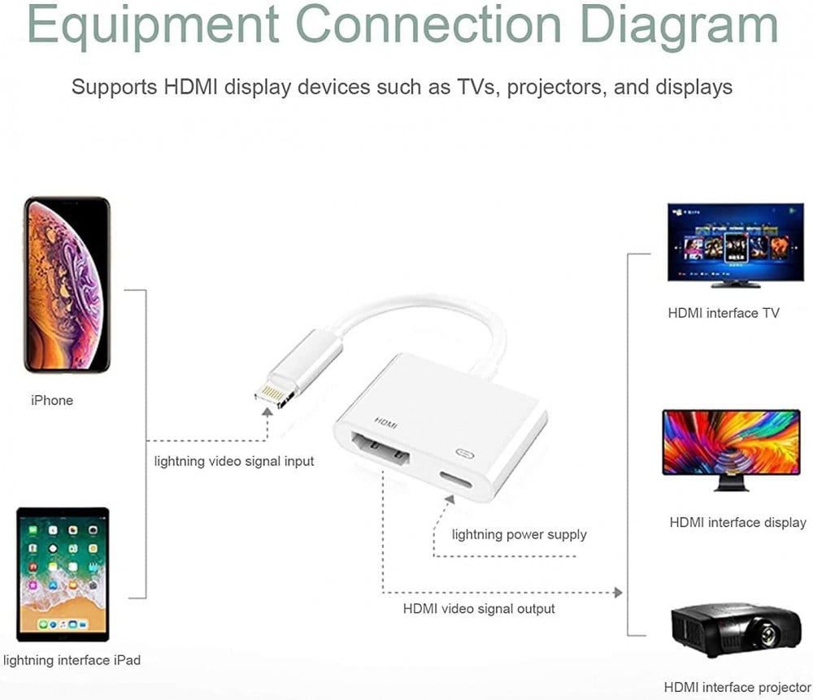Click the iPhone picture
pos(67,285)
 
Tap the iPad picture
pos(63,575)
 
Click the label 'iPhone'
pos(52,400)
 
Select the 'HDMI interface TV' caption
pos(724,313)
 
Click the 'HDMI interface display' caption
pos(737,523)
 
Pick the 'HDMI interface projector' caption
pos(737,688)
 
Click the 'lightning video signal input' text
pos(234,461)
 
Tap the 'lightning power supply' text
pos(519,534)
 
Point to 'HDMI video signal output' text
pos(479,608)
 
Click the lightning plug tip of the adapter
pos(271,395)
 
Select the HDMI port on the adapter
pos(379,453)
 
